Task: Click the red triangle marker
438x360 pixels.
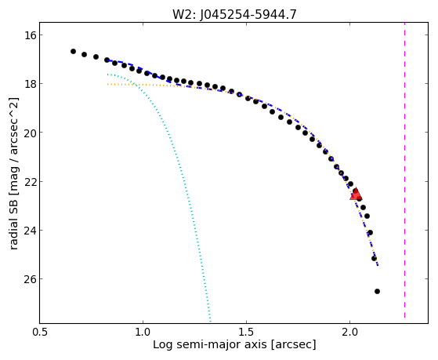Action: (356, 195)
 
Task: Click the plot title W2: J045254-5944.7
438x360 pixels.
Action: (234, 14)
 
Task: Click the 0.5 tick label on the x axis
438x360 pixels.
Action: (40, 332)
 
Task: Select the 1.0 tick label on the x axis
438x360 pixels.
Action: (143, 332)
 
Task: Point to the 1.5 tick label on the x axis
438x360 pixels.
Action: (246, 332)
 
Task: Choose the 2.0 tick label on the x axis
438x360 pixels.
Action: (349, 332)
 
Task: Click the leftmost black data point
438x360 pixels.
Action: (73, 52)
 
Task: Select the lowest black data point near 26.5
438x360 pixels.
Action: (377, 292)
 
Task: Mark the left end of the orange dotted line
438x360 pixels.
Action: (107, 84)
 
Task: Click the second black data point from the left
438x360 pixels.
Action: (85, 55)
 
